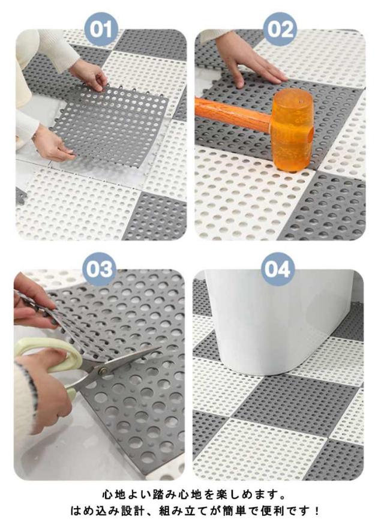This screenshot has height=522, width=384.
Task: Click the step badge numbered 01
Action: pos(101,29)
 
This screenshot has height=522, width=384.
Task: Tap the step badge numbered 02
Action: pos(280,29)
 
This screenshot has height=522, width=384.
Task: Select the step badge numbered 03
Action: pos(100,269)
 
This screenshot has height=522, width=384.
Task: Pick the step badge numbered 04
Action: pos(278,269)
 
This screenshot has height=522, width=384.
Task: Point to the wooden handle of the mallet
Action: pos(233,114)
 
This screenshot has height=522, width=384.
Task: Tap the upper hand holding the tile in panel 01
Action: pos(89,75)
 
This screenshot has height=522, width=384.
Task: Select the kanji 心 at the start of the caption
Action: pos(107,494)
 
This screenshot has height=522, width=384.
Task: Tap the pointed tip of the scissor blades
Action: pos(160,348)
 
